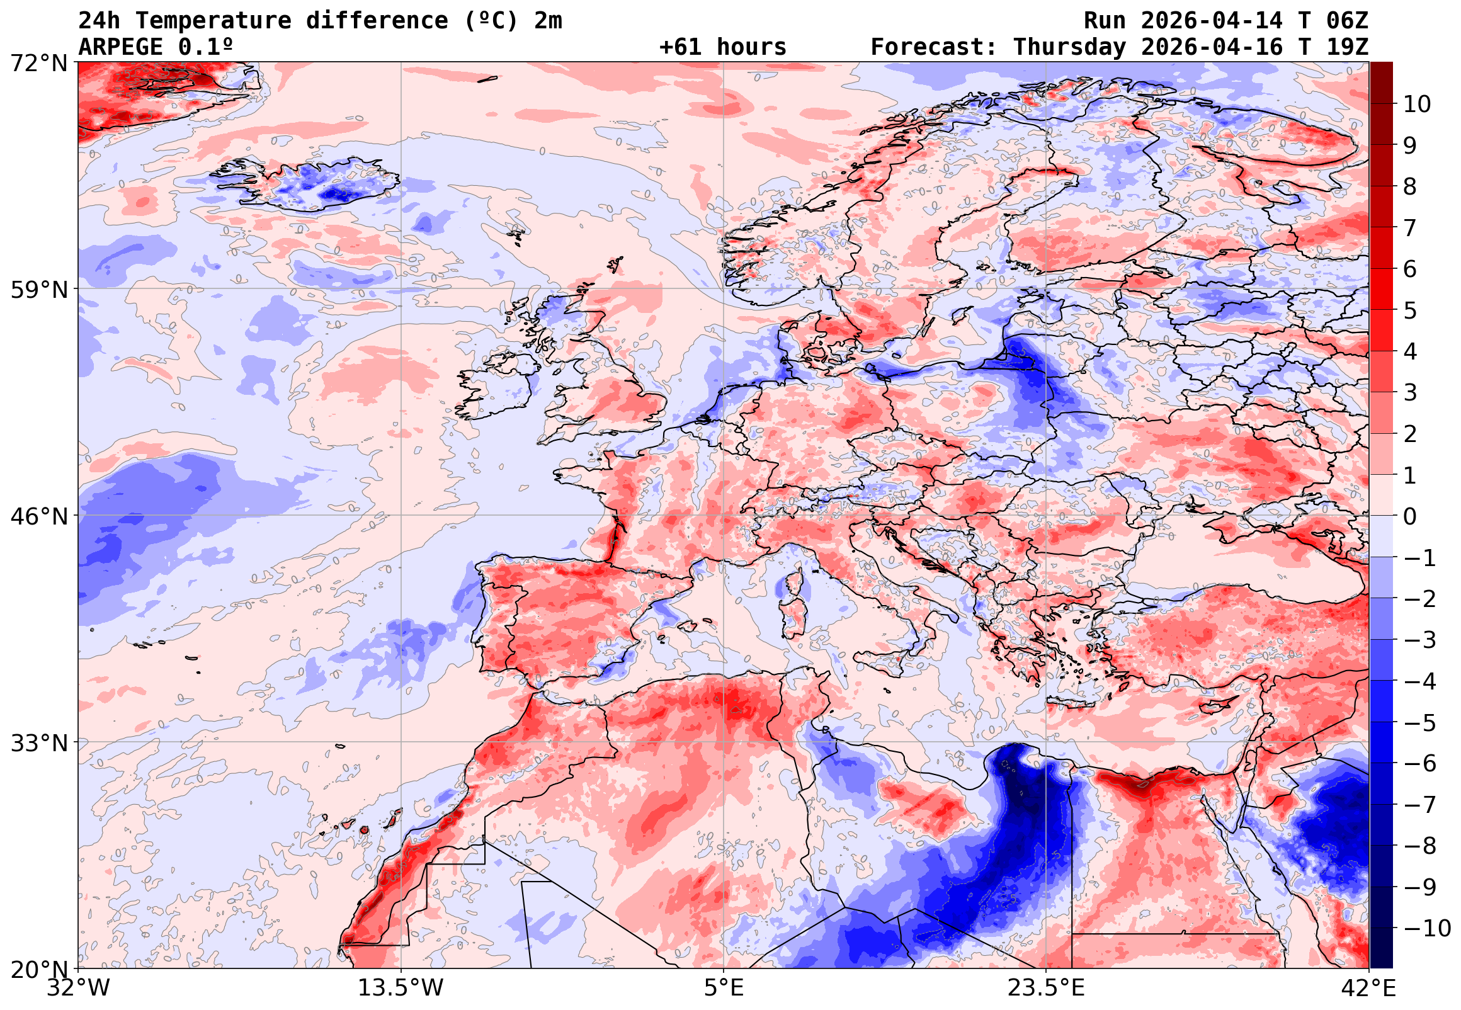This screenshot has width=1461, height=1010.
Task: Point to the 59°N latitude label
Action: (x=38, y=290)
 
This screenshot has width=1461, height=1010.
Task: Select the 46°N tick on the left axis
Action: (x=38, y=516)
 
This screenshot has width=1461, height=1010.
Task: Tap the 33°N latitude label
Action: (x=38, y=743)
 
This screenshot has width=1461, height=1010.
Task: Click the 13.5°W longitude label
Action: (x=401, y=988)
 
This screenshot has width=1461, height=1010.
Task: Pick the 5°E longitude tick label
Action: (x=723, y=988)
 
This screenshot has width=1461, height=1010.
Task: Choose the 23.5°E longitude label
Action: (x=1045, y=988)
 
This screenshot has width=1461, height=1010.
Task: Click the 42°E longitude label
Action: (x=1368, y=988)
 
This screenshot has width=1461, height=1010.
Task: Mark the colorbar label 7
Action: (x=1410, y=228)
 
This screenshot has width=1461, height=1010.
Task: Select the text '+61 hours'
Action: (x=722, y=47)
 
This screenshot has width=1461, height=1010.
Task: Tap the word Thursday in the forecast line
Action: (x=1069, y=47)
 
